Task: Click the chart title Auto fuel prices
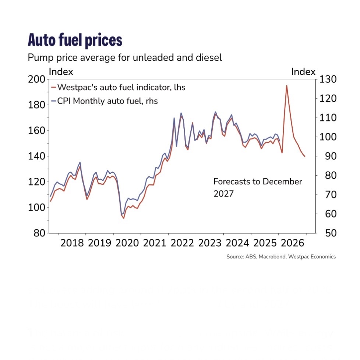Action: (x=75, y=40)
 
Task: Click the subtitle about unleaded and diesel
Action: (x=125, y=58)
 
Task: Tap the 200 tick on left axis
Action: (x=37, y=80)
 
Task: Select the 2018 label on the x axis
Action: (x=72, y=243)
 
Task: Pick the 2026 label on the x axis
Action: (x=292, y=243)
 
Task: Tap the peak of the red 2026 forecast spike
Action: (x=286, y=85)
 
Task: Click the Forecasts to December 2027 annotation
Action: (x=257, y=187)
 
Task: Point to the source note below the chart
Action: (x=281, y=257)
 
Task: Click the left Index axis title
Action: (x=61, y=72)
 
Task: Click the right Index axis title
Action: (x=303, y=72)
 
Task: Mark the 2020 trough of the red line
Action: (x=124, y=218)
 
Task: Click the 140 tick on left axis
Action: (x=37, y=156)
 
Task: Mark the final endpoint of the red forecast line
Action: (x=304, y=156)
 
